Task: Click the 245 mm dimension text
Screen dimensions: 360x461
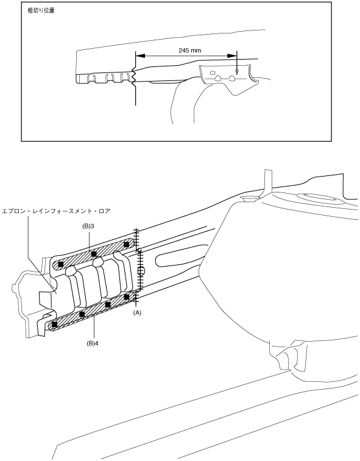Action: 189,51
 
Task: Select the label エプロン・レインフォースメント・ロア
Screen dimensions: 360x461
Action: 56,211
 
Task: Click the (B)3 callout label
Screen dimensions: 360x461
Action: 88,227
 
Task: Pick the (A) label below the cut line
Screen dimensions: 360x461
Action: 137,313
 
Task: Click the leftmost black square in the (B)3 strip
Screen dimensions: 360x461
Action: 60,264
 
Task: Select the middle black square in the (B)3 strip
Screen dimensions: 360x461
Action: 94,254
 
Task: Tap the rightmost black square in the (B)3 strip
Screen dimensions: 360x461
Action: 127,244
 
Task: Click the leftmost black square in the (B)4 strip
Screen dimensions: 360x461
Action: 54,325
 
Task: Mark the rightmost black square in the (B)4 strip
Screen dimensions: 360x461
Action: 127,297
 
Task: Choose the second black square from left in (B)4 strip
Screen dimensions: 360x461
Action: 82,314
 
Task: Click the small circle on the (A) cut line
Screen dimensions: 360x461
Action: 141,271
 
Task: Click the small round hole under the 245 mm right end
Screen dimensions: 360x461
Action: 237,71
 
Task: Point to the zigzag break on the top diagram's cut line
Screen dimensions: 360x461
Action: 134,77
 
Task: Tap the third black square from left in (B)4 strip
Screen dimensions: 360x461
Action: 108,304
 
